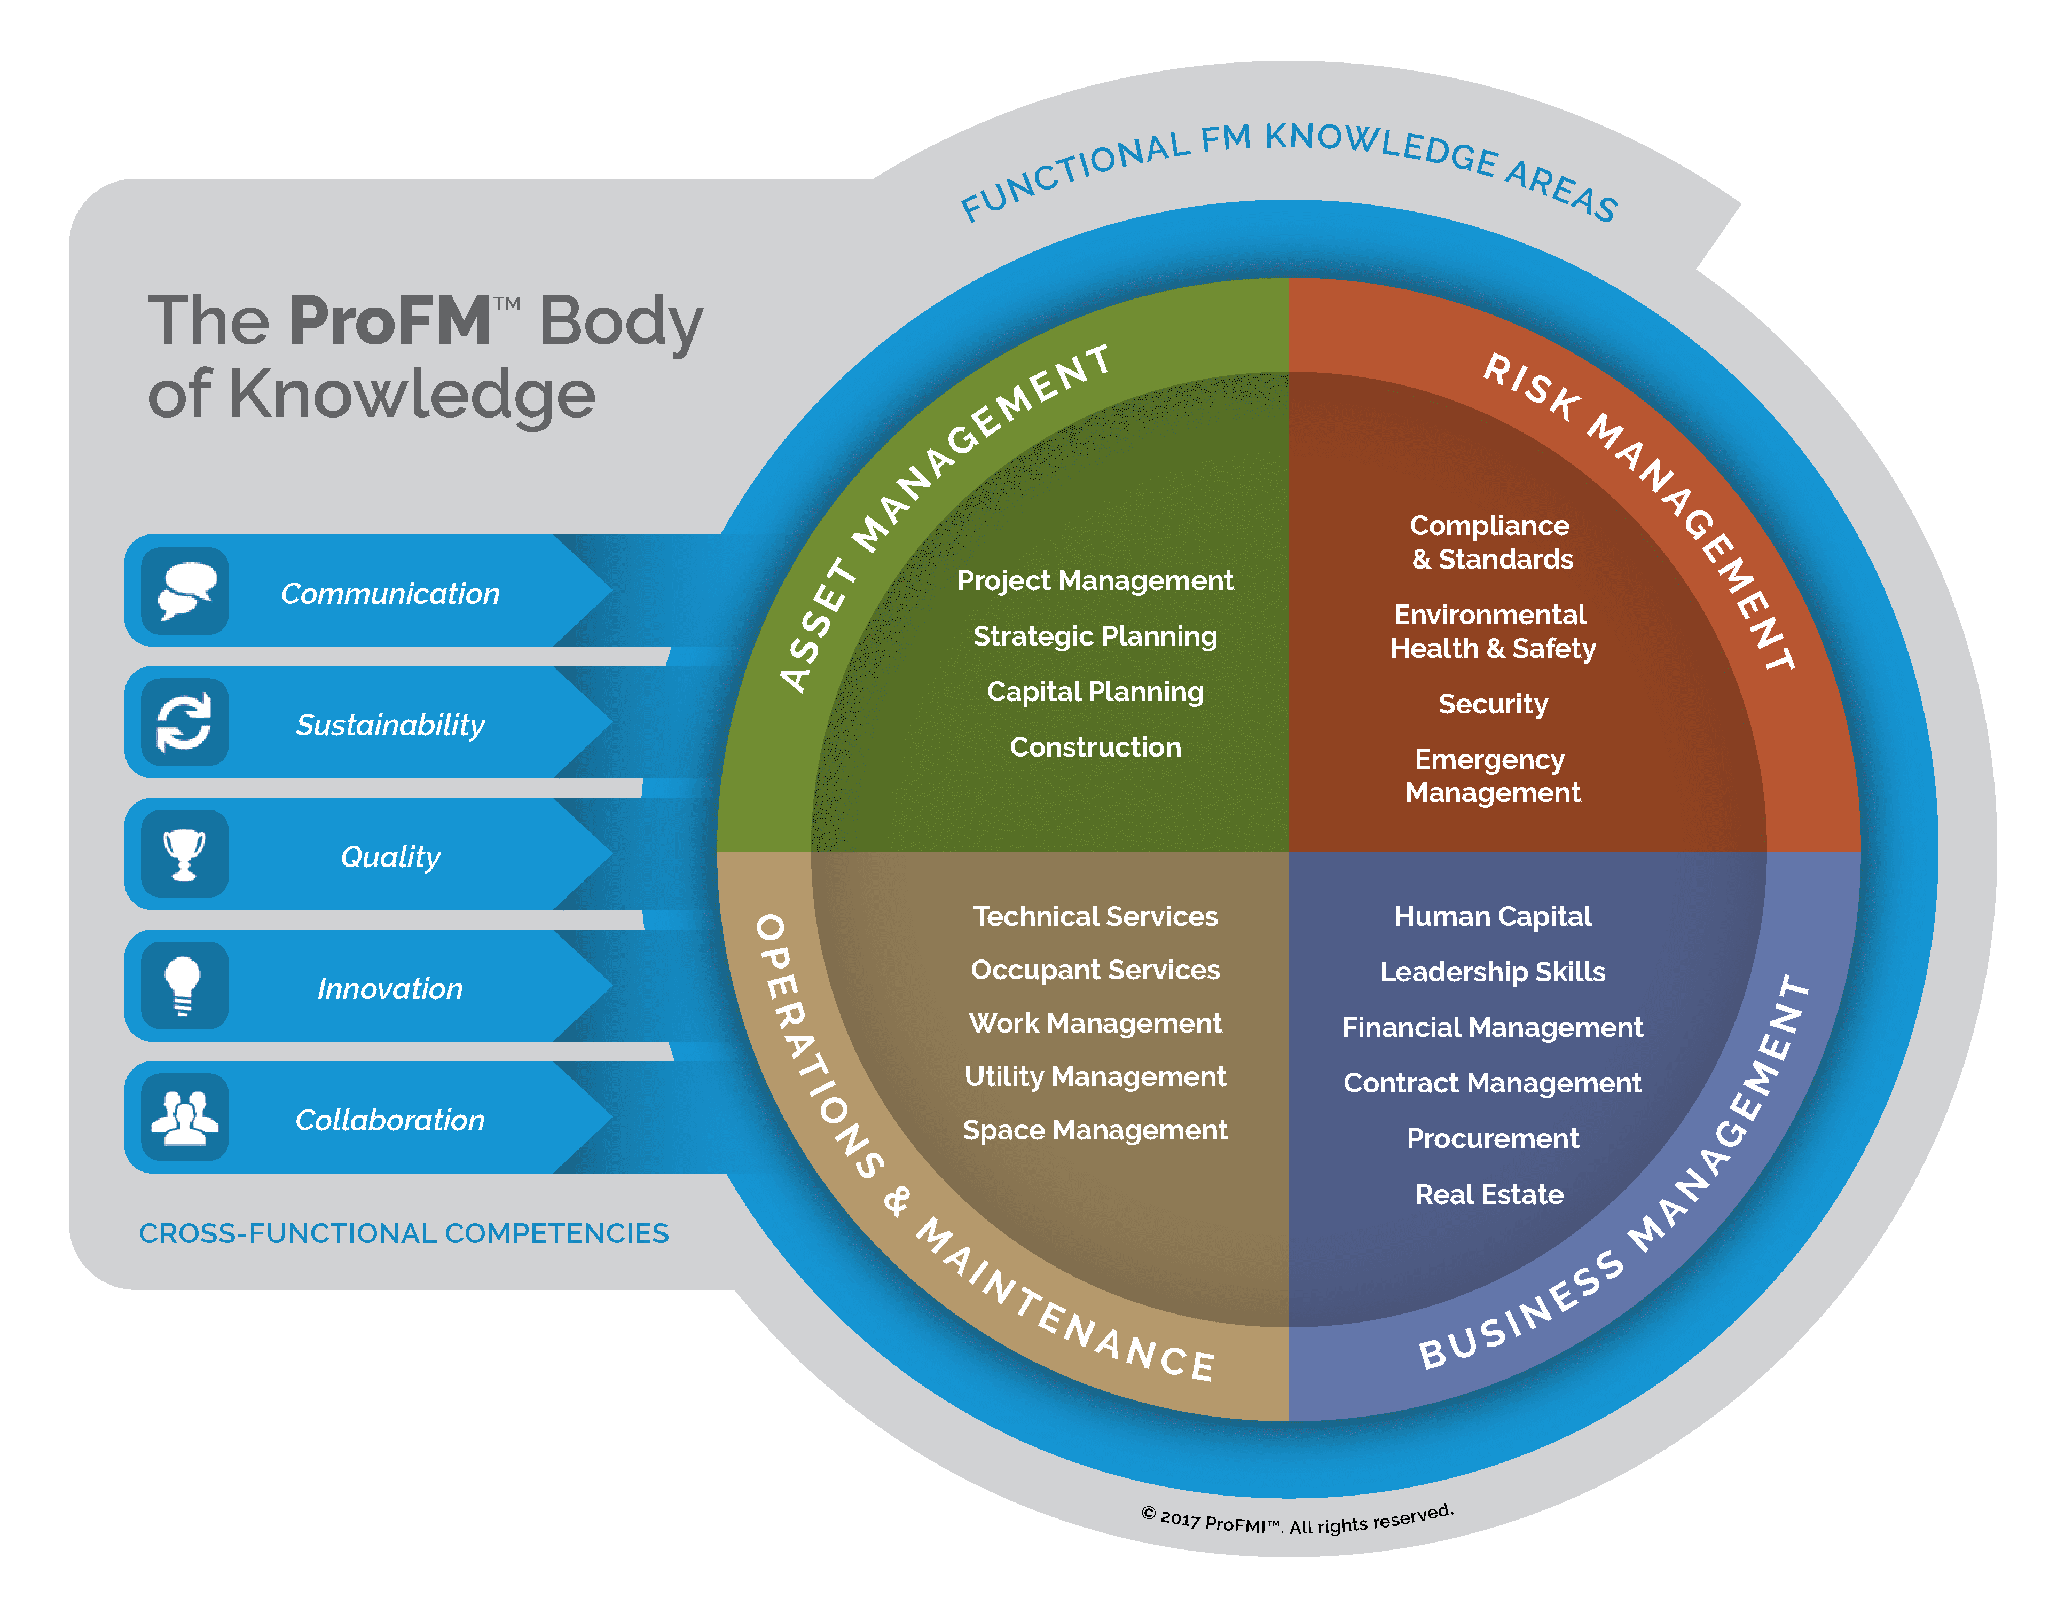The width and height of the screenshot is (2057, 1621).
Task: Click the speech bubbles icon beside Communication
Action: (x=186, y=591)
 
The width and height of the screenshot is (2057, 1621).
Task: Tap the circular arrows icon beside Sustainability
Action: (x=184, y=722)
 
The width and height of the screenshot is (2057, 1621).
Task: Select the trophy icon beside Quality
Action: (x=184, y=854)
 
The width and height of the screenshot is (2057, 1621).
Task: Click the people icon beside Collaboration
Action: (x=185, y=1118)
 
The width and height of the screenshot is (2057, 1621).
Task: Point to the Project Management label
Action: (x=1095, y=581)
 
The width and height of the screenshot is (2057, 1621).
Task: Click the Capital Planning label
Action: (x=1095, y=692)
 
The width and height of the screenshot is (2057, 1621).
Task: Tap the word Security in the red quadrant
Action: (x=1492, y=704)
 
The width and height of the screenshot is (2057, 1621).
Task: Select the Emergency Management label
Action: (x=1492, y=775)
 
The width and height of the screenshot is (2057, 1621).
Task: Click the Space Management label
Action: (x=1095, y=1130)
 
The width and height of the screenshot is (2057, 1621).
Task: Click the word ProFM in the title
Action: (x=391, y=321)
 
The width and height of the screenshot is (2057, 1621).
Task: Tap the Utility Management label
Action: (x=1095, y=1077)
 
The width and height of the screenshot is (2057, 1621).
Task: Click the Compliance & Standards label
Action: (x=1491, y=542)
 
